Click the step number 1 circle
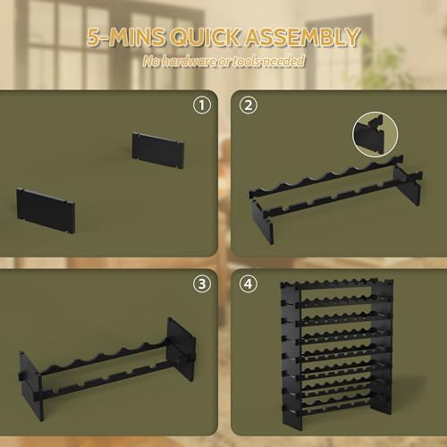coord(202,105)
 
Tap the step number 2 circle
coord(249,105)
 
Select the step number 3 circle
coord(202,284)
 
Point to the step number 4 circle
coord(249,284)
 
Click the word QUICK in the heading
coord(206,38)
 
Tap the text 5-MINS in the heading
coord(126,38)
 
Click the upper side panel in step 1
coord(158,150)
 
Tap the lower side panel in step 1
coord(46,210)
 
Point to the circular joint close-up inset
coord(375,134)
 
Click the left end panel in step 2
coord(263,221)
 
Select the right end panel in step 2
coord(407,185)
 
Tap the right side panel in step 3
coord(181,350)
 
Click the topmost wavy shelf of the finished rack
coord(337,283)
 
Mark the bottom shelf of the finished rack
coord(337,406)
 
